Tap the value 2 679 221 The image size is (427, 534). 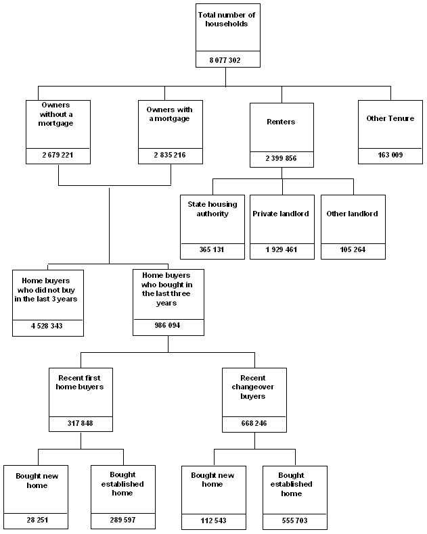point(58,155)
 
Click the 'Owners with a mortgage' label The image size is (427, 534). point(169,114)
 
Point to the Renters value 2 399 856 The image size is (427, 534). point(282,159)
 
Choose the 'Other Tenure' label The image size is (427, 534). point(390,118)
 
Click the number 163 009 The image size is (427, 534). point(390,155)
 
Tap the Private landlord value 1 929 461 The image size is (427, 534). point(281,250)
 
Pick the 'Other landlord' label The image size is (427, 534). point(352,214)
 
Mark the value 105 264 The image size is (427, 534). point(353,250)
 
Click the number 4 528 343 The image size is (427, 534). point(47,326)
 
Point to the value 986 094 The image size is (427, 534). point(168,325)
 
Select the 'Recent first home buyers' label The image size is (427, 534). point(80,383)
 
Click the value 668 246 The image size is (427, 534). point(254,424)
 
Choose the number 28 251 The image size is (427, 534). point(37,521)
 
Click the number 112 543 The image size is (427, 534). point(212,521)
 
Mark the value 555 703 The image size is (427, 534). point(295,521)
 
